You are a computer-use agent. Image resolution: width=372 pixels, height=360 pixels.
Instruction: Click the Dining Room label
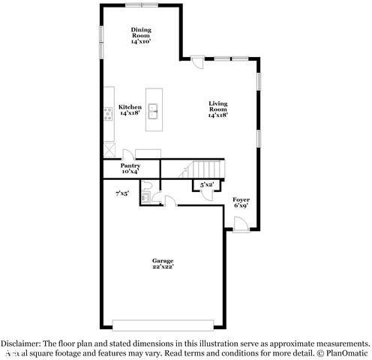[x=141, y=34]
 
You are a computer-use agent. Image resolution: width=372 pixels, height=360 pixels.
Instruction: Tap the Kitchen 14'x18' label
[x=130, y=110]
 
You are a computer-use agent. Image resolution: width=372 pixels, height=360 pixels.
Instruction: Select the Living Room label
[x=217, y=110]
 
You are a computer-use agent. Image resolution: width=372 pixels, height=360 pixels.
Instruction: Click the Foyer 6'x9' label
[x=241, y=202]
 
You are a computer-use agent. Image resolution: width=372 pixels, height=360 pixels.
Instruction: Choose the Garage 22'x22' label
[x=163, y=264]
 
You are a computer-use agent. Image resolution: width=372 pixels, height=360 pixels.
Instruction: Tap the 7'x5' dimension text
[x=121, y=193]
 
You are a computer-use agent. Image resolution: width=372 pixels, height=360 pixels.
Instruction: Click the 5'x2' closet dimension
[x=207, y=184]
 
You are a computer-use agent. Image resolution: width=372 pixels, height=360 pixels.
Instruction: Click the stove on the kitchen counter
[x=109, y=115]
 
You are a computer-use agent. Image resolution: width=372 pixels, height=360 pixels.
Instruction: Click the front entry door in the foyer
[x=240, y=223]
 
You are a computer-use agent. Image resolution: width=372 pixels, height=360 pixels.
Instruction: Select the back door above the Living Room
[x=197, y=63]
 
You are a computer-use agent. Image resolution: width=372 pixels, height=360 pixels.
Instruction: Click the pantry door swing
[x=127, y=151]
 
